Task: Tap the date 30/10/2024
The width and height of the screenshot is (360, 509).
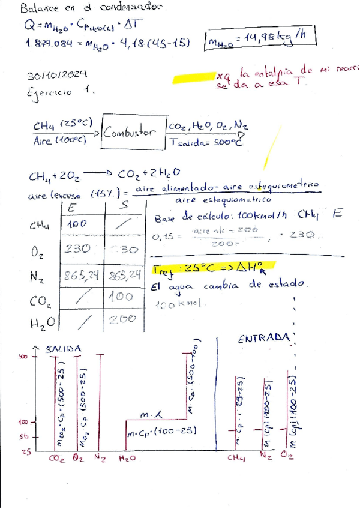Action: pyautogui.click(x=58, y=75)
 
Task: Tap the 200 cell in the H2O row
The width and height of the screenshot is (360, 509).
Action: pyautogui.click(x=124, y=320)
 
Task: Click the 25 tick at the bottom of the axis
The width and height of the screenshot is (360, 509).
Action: pyautogui.click(x=25, y=452)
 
